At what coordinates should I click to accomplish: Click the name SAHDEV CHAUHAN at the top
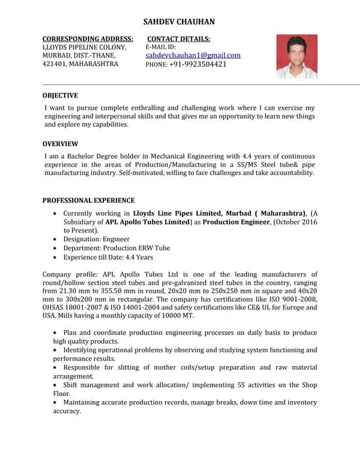[x=178, y=23]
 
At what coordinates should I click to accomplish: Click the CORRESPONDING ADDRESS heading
[x=87, y=39]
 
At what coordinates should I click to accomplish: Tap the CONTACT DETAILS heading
[x=179, y=39]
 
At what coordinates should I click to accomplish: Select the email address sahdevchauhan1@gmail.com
[x=193, y=55]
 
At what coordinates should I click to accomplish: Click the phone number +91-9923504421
[x=198, y=64]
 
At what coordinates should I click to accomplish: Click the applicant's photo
[x=296, y=57]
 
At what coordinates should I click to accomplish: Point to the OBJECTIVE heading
[x=60, y=95]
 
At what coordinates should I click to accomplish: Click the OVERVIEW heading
[x=60, y=144]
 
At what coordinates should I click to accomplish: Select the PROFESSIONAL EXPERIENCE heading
[x=88, y=200]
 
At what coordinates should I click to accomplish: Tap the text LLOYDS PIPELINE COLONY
[x=84, y=47]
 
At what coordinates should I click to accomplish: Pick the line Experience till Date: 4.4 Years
[x=108, y=257]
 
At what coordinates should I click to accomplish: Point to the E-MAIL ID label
[x=161, y=47]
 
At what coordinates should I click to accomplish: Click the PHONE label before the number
[x=156, y=65]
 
